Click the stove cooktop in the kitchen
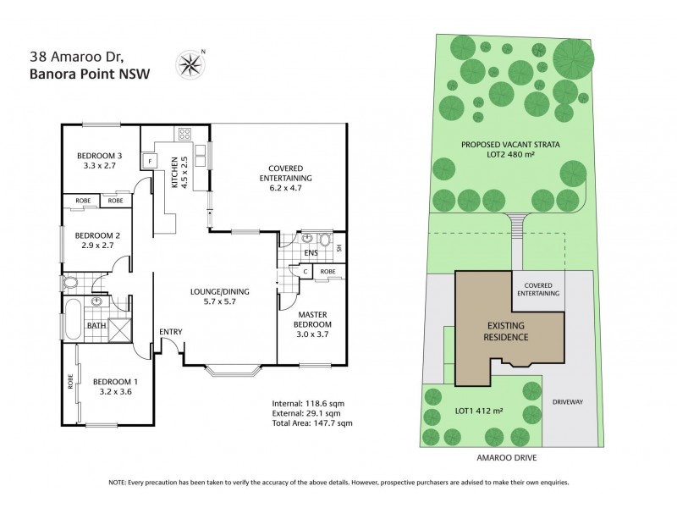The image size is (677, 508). pos(184,133)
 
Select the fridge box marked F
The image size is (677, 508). pos(150,160)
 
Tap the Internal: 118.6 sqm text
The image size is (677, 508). pos(308,403)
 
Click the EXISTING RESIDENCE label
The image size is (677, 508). pos(508,331)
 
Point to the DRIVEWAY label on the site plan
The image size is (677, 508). pos(569,401)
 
